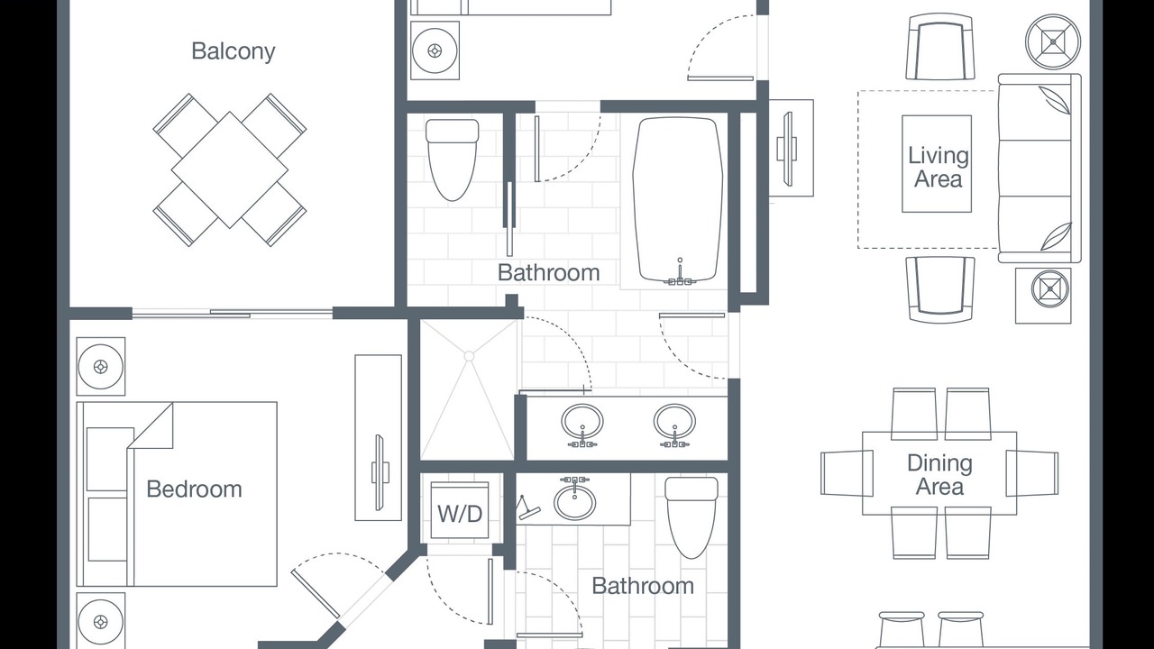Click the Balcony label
234,51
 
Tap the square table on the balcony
230,170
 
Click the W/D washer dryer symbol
460,510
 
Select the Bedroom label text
194,489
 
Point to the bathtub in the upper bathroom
677,200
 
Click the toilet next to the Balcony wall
453,160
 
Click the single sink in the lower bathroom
575,500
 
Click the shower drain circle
469,356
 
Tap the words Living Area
939,167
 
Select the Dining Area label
939,474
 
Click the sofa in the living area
1040,169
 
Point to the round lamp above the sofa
1052,41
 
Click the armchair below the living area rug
940,290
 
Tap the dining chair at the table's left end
847,473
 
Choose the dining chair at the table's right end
1032,473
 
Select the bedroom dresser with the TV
378,437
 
